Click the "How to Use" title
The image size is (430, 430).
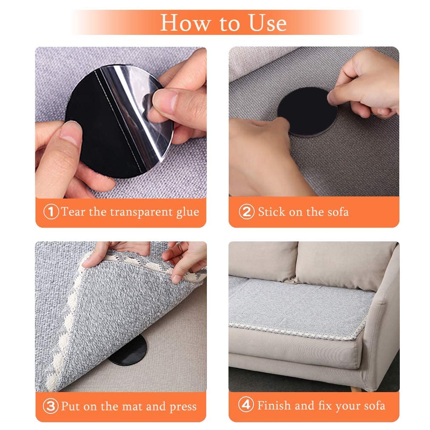click(223, 23)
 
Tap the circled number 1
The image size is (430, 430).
click(51, 212)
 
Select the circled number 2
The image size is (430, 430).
click(246, 212)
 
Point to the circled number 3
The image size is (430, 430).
click(51, 406)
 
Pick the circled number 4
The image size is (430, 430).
click(246, 406)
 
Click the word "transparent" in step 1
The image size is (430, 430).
click(136, 212)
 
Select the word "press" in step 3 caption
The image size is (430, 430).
click(183, 407)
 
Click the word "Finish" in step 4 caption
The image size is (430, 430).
click(275, 406)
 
